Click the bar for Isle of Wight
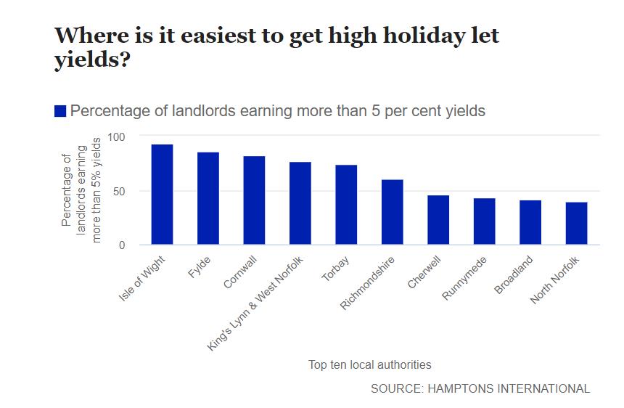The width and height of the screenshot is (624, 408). coord(162,195)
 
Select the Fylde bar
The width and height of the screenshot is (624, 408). coord(208,198)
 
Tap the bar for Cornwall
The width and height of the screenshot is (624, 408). coord(254,200)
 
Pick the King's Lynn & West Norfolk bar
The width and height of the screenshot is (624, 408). coord(300,203)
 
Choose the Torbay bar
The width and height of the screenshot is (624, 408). coord(346,205)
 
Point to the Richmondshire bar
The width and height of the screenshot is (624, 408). coord(393,212)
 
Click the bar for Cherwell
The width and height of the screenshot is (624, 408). coord(438,220)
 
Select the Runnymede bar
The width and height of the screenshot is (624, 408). coord(485,221)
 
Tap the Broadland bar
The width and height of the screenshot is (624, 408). coord(530,222)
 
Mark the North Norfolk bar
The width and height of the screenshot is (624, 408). coord(576,224)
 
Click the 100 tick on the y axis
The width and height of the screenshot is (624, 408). coord(116,136)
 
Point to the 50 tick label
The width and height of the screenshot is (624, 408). coord(119,191)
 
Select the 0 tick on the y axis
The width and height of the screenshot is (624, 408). coord(122,245)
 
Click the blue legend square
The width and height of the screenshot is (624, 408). coord(60,111)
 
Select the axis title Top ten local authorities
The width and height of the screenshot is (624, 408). coord(370,364)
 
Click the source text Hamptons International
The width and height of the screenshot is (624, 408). coord(480,388)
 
